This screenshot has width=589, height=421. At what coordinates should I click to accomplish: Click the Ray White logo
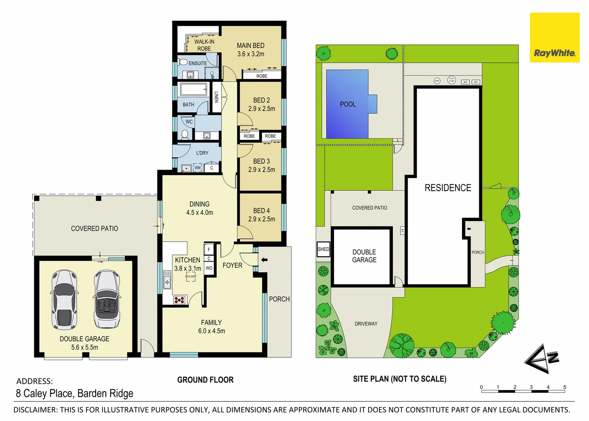554,37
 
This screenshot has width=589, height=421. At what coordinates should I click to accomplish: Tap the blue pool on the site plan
347,104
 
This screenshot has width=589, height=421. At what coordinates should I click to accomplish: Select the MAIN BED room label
250,46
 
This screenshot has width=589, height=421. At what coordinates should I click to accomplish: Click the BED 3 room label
261,161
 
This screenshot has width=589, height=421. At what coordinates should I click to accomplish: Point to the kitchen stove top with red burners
179,300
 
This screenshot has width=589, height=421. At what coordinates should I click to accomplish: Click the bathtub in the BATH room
193,89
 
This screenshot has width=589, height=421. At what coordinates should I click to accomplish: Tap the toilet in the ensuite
183,62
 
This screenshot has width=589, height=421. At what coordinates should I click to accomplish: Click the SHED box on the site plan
324,249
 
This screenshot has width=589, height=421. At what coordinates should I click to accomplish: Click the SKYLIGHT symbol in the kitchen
190,276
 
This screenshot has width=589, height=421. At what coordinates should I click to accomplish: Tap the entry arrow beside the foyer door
264,260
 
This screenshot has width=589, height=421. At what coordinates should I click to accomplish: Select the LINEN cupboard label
216,97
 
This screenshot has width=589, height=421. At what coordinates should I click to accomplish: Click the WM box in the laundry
197,168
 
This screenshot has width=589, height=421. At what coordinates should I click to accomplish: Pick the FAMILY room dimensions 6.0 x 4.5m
211,331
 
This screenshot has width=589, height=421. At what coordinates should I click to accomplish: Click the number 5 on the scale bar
564,387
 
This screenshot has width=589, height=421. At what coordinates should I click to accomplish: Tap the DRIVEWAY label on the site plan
366,324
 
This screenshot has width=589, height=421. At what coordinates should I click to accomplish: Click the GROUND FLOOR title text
205,380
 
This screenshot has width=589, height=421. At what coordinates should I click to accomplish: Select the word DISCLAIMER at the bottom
35,410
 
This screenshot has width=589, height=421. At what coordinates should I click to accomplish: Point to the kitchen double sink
167,280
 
